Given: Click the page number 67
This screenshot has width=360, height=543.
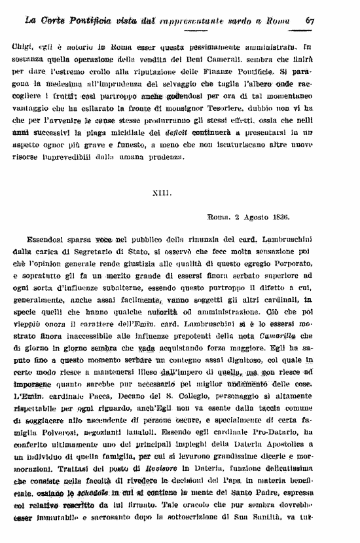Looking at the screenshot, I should (311, 20).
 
